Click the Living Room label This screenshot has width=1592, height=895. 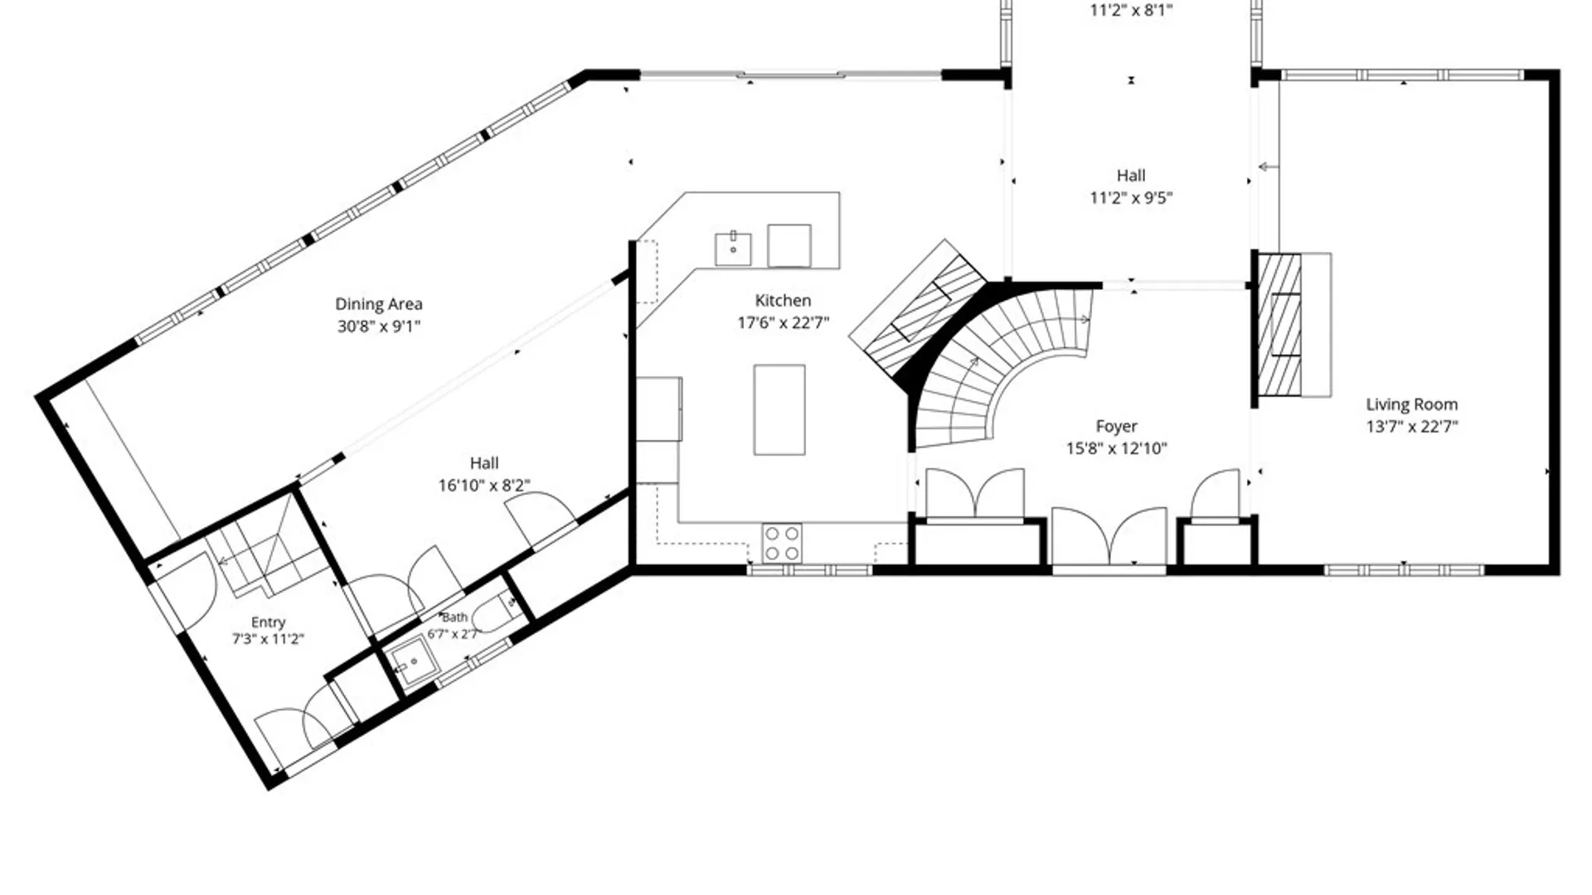pyautogui.click(x=1411, y=404)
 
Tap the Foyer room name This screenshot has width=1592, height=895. pyautogui.click(x=1116, y=426)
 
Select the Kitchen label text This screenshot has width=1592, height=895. pyautogui.click(x=783, y=300)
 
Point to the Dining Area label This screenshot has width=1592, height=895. pyautogui.click(x=379, y=304)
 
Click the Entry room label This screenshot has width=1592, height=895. pyautogui.click(x=268, y=622)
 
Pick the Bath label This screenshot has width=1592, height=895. pyautogui.click(x=454, y=617)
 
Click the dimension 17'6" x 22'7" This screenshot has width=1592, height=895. pyautogui.click(x=783, y=322)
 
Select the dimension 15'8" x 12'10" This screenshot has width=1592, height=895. pyautogui.click(x=1116, y=448)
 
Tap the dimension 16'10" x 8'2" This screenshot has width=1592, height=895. pyautogui.click(x=484, y=485)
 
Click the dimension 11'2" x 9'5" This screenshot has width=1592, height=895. pyautogui.click(x=1131, y=197)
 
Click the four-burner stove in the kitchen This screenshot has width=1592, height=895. pyautogui.click(x=782, y=543)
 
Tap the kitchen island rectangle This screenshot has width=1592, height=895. pyautogui.click(x=779, y=409)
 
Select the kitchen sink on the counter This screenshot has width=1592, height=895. pyautogui.click(x=733, y=249)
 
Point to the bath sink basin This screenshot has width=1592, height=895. pyautogui.click(x=412, y=663)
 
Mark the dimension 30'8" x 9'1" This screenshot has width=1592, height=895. pyautogui.click(x=379, y=327)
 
